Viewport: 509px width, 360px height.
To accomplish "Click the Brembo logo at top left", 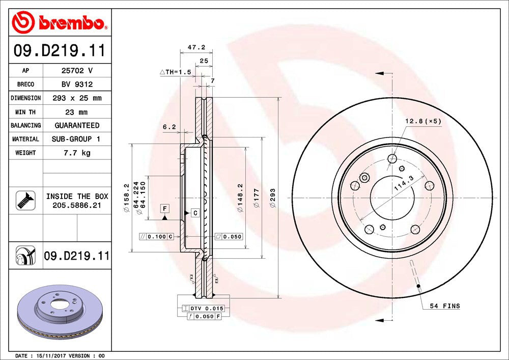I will click(x=59, y=22).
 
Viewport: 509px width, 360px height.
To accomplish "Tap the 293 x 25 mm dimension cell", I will click(x=76, y=98).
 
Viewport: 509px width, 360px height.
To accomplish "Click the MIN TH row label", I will click(x=25, y=112).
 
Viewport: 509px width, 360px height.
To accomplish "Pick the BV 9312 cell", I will click(x=76, y=85).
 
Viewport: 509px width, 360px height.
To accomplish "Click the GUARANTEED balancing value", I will click(x=76, y=125).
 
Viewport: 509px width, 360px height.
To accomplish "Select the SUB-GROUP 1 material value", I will click(x=76, y=139).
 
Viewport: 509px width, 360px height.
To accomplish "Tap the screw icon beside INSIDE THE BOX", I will click(x=25, y=200).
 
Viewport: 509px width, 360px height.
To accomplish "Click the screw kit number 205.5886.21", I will click(x=77, y=205).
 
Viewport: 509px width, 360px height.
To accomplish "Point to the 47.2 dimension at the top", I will click(x=196, y=47).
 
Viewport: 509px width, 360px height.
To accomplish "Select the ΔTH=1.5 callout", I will click(x=176, y=72).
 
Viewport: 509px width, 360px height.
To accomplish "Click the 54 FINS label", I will click(x=444, y=306).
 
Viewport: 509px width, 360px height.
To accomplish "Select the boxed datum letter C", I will click(x=194, y=213).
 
